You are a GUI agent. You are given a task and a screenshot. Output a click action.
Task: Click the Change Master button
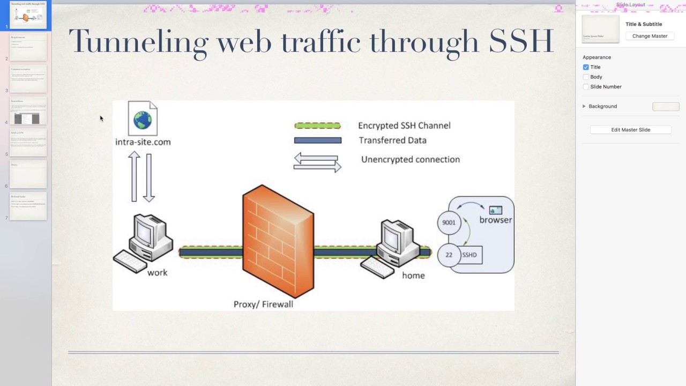(x=650, y=36)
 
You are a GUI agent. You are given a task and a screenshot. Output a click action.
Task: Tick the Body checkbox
(x=586, y=77)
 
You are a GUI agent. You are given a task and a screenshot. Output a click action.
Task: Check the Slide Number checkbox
(x=586, y=87)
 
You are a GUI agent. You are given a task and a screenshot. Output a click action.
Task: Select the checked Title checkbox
(x=586, y=67)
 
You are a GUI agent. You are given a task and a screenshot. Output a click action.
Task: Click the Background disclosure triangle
(x=584, y=106)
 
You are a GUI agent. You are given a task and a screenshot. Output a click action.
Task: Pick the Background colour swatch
(x=666, y=107)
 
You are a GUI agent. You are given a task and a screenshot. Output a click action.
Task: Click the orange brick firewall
(x=278, y=241)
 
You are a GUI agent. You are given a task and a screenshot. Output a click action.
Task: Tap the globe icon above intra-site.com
(x=143, y=120)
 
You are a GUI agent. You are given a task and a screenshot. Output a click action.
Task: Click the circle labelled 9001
(x=449, y=222)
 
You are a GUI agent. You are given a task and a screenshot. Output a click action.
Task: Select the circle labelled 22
(x=449, y=255)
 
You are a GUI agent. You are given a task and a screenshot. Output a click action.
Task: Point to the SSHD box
(x=470, y=255)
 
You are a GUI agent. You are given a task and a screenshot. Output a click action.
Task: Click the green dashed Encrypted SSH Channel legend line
(x=317, y=125)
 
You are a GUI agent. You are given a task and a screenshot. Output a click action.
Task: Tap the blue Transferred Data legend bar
(x=317, y=140)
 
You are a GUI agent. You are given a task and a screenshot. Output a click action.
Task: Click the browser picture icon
(x=496, y=210)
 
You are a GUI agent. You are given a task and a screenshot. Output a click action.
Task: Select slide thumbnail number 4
(x=28, y=111)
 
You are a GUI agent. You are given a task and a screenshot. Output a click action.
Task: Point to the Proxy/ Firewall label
(x=263, y=304)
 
